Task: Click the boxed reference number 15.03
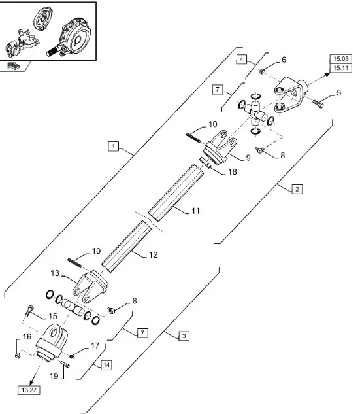(x=341, y=59)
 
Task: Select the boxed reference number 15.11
(x=341, y=68)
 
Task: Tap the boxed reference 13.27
(x=29, y=390)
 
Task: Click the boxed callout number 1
(x=114, y=147)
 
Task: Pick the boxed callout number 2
(x=297, y=189)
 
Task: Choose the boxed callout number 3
(x=184, y=336)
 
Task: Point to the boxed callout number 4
(x=241, y=60)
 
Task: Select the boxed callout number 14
(x=106, y=365)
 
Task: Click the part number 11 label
(x=195, y=211)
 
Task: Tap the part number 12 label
(x=154, y=255)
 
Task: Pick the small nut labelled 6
(x=262, y=71)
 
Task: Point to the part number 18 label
(x=233, y=172)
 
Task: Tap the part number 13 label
(x=55, y=273)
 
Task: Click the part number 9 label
(x=248, y=158)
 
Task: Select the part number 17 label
(x=95, y=345)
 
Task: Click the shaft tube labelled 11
(x=176, y=193)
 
